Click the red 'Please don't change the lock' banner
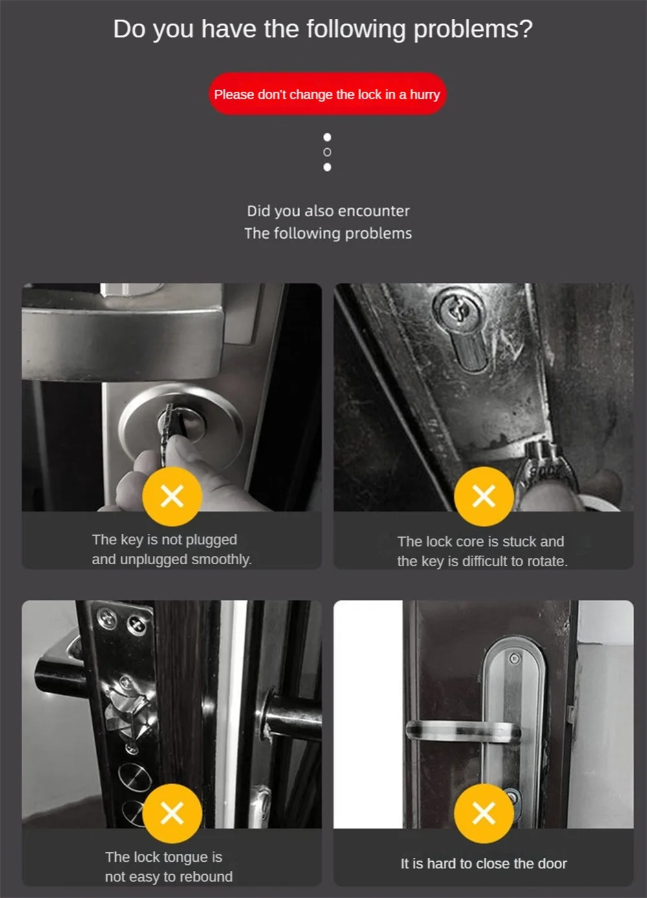click(x=327, y=94)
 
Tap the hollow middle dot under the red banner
click(x=327, y=152)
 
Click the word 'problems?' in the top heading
click(x=472, y=29)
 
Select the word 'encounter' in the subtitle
click(x=373, y=211)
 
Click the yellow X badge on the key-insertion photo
click(x=172, y=496)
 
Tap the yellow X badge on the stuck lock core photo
click(x=484, y=496)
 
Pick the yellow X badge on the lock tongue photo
click(x=172, y=813)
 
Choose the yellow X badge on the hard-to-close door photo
click(x=484, y=813)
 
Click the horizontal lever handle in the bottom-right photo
click(x=463, y=732)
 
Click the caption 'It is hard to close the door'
click(x=483, y=864)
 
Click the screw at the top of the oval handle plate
click(x=514, y=659)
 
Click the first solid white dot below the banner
click(x=327, y=137)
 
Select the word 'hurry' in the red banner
click(x=424, y=94)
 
